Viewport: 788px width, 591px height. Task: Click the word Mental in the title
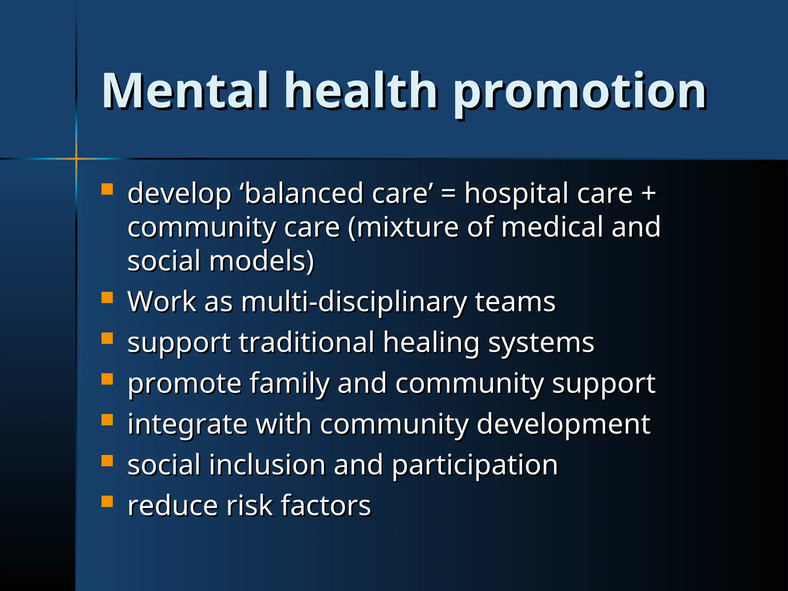click(185, 91)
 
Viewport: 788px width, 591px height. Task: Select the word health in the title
click(361, 91)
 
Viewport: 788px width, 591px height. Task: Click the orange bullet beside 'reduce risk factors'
click(107, 502)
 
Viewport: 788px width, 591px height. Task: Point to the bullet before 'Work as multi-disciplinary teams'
click(107, 298)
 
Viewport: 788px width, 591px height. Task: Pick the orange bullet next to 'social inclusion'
click(107, 461)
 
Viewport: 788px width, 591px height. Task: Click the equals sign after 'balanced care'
click(448, 193)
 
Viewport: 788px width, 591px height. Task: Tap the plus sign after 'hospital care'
click(649, 193)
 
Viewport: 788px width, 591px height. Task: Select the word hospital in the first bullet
click(516, 194)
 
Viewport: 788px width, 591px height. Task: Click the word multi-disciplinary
click(354, 302)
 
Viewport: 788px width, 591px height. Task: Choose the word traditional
click(306, 342)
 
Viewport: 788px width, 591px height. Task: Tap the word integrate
click(187, 425)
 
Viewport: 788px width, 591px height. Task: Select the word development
click(563, 425)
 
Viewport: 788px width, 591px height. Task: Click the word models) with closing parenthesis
click(262, 261)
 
